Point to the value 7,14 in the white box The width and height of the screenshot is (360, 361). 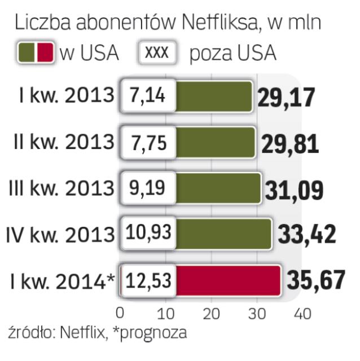[x=146, y=96]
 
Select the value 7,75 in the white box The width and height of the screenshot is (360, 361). [x=146, y=143]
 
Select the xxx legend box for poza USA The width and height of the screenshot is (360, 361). [x=158, y=52]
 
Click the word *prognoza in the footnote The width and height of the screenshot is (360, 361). [x=148, y=333]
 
